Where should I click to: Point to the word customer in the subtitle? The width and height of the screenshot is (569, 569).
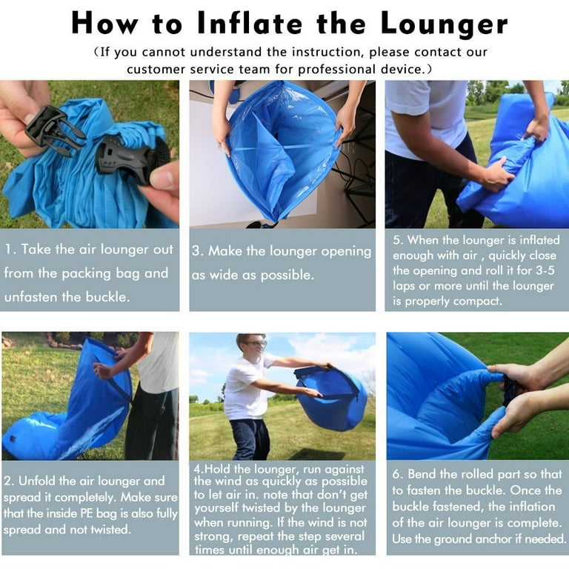pyautogui.click(x=162, y=69)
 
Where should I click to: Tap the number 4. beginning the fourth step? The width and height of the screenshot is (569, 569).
pyautogui.click(x=198, y=469)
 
